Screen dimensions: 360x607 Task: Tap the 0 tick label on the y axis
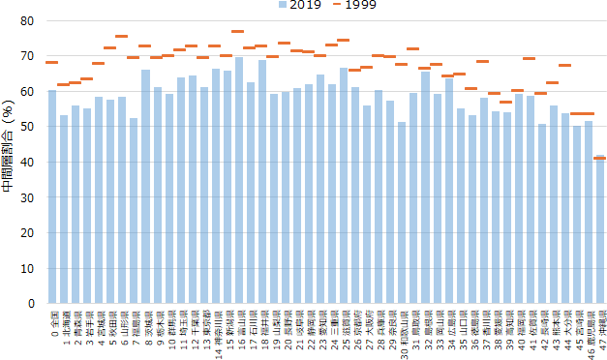(x=29, y=304)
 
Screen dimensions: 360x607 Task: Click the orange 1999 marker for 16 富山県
(x=238, y=32)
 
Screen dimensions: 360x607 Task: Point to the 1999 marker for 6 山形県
(x=122, y=37)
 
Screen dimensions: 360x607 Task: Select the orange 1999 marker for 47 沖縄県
(x=599, y=157)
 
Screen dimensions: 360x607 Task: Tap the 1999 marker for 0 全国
(x=52, y=62)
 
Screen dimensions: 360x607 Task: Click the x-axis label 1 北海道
(x=64, y=324)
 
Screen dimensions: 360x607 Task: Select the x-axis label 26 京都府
(x=355, y=326)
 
